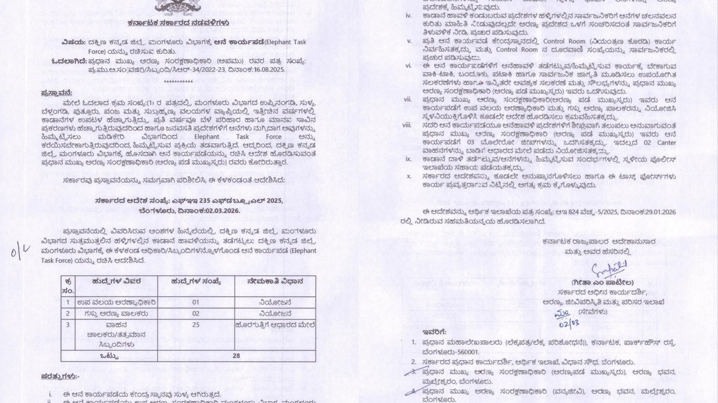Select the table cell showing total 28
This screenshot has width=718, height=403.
[x=236, y=356]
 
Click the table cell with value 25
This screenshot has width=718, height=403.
[x=196, y=325]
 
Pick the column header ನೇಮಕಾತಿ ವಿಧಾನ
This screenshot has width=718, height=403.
[x=275, y=282]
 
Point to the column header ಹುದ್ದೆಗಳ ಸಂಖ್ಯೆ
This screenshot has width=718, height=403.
[x=196, y=282]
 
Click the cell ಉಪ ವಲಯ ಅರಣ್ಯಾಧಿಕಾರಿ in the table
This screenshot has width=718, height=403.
[x=116, y=303]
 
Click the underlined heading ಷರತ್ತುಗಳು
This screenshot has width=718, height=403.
[x=59, y=376]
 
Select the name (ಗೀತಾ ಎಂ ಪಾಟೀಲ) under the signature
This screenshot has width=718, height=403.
[x=603, y=283]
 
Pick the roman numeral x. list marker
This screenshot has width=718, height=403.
[x=409, y=176]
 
